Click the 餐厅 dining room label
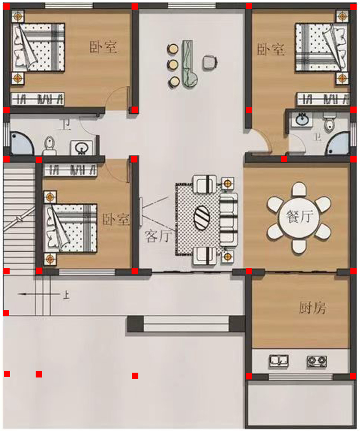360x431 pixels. tap(299, 216)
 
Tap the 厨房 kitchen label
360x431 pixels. tap(312, 308)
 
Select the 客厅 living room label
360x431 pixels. tap(158, 236)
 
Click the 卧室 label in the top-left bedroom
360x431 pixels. tap(103, 47)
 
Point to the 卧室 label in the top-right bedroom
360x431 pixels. tap(271, 50)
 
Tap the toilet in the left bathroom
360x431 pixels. tap(50, 145)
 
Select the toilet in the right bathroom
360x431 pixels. tap(329, 122)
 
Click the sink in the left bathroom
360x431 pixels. tap(81, 148)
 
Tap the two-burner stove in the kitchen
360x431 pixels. tap(317, 361)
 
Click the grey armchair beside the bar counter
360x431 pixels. tap(210, 62)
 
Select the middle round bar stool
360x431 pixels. tap(173, 65)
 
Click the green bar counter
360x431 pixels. tap(189, 64)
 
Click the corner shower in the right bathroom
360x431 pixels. tap(338, 143)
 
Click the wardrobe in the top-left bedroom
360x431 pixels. tap(38, 99)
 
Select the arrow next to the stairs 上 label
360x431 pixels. tap(39, 294)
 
